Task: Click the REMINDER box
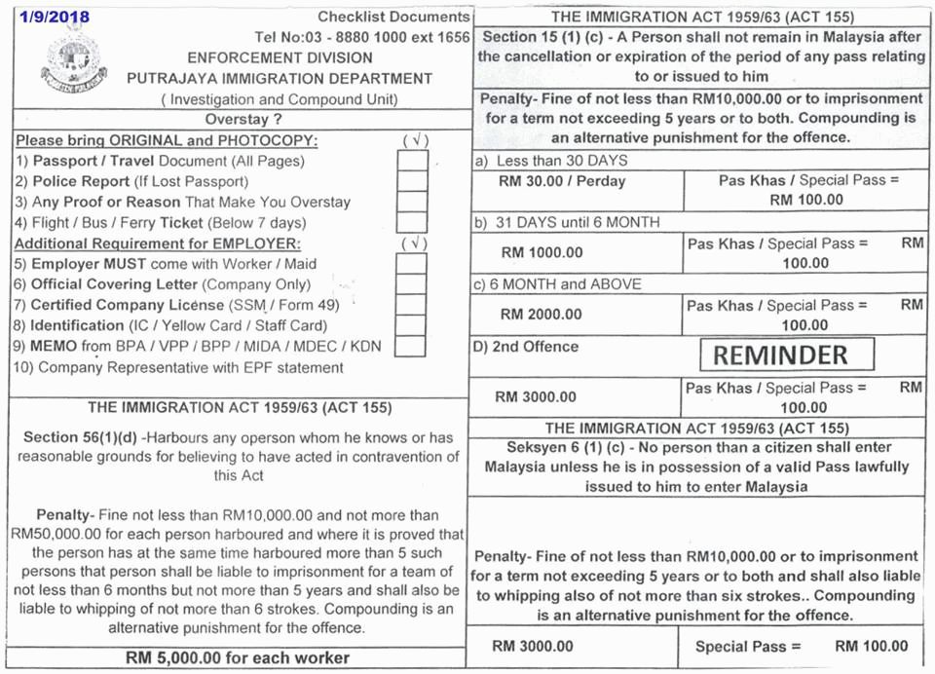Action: point(787,356)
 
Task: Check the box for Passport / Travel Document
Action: point(412,161)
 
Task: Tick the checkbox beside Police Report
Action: point(412,181)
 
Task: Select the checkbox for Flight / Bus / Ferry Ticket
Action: point(412,223)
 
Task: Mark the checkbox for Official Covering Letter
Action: point(411,284)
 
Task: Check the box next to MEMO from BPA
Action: point(411,346)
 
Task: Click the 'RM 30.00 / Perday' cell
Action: point(562,181)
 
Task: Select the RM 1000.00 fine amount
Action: point(542,252)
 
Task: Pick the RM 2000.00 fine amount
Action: point(542,314)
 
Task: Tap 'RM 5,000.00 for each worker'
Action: point(238,658)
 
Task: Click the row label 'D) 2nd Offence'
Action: point(526,347)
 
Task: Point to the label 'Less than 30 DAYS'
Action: point(561,161)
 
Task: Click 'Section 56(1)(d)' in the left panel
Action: point(79,437)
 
